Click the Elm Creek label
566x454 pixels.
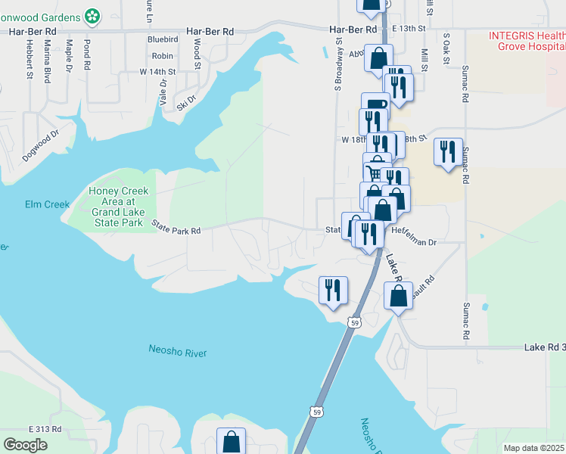coord(47,204)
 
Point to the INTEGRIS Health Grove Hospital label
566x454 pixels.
coord(527,41)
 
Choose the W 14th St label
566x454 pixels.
coord(158,72)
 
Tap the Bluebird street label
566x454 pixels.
coord(163,39)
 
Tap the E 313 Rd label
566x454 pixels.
coord(45,429)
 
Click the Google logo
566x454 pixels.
coord(25,445)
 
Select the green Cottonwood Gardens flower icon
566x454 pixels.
coord(92,14)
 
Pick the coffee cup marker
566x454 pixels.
coord(375,104)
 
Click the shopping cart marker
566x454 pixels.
coord(377,172)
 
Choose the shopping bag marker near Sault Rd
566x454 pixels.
coord(398,294)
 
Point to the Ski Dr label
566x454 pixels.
coord(186,101)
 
